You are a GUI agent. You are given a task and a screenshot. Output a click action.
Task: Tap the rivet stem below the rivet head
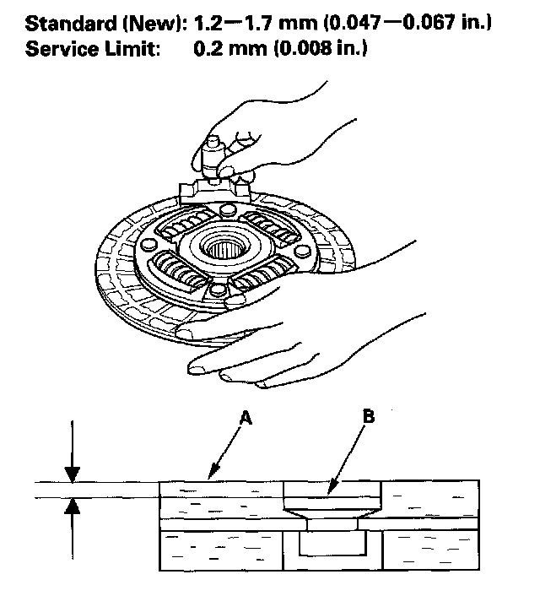coord(333,524)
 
